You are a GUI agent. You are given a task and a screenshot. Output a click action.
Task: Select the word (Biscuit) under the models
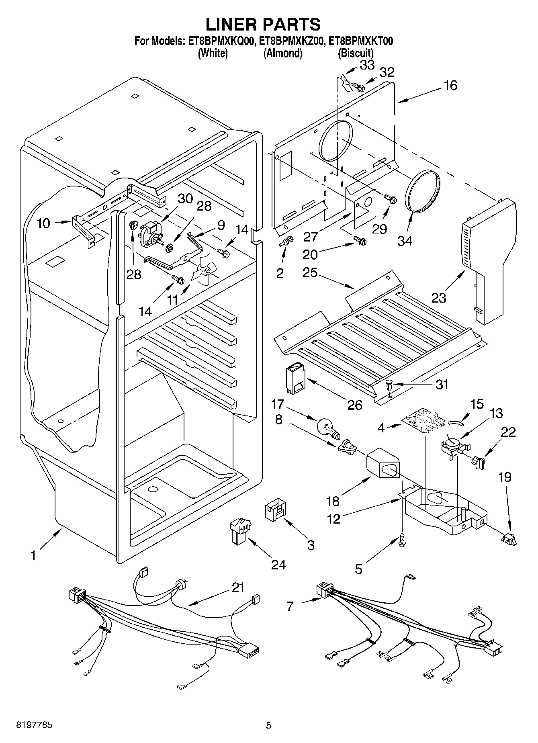[x=356, y=53]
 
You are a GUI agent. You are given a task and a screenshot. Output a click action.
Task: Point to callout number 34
[x=405, y=241]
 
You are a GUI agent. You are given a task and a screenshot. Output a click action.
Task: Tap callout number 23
[x=439, y=298]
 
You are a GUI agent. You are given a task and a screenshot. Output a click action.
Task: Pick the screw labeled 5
[x=402, y=540]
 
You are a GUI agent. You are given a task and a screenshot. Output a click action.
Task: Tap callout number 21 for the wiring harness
[x=238, y=587]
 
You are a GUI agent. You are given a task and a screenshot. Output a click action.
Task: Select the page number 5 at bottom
[x=269, y=725]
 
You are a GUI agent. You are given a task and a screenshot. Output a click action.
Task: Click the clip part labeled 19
[x=509, y=537]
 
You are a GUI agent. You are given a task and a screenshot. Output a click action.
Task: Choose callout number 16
[x=451, y=85]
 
